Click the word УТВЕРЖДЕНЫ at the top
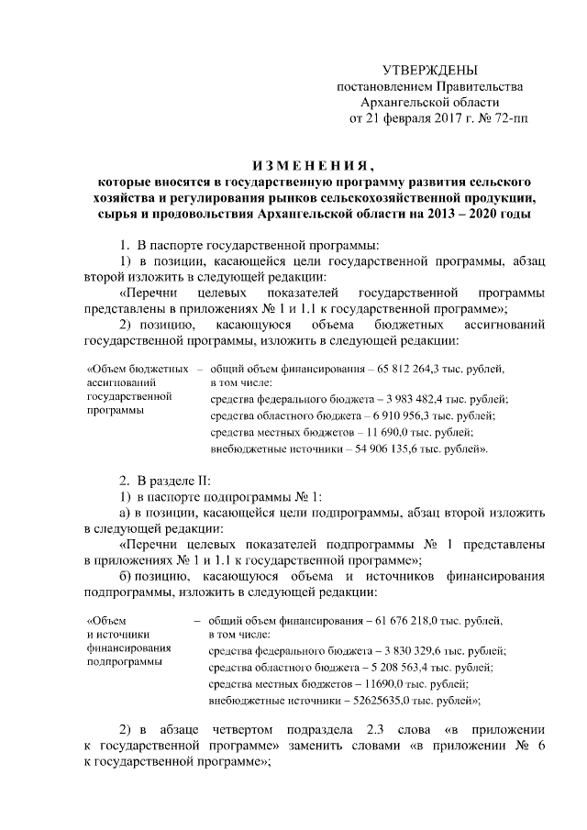pos(429,71)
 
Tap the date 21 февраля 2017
pos(408,117)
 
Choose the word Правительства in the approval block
pos(469,86)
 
